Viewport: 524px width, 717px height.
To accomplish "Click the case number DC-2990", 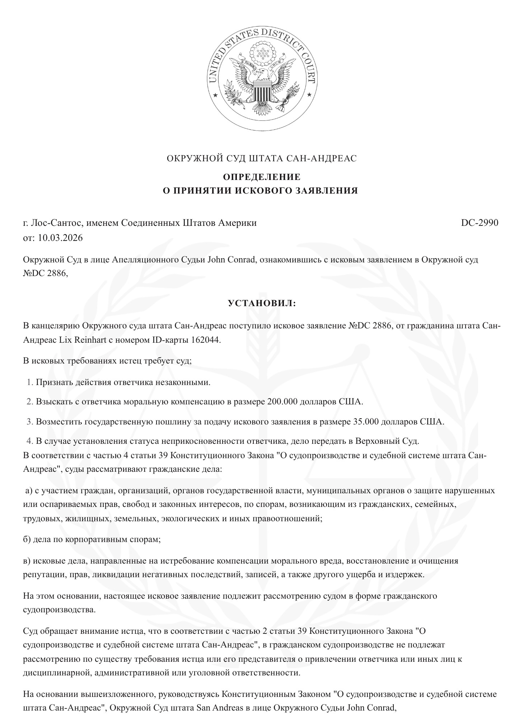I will (x=479, y=223).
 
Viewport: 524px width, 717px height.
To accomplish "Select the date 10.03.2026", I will (x=60, y=238).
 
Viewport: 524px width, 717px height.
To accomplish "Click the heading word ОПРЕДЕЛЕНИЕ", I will (x=262, y=177).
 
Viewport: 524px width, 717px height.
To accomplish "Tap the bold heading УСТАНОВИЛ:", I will (x=262, y=304).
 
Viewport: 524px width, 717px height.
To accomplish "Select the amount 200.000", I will (x=282, y=402).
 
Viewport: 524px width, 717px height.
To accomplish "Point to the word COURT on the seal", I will (x=306, y=67).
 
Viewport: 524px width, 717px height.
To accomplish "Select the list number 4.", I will (x=29, y=441).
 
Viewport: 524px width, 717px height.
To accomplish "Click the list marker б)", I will (x=27, y=540).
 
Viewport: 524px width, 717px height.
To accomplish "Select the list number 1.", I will (x=29, y=382).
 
